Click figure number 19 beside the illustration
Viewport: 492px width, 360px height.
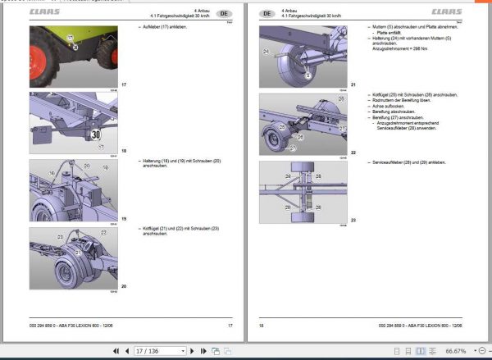[124, 219]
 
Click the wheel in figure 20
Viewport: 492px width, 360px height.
[71, 271]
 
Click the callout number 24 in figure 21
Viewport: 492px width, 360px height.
[266, 51]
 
